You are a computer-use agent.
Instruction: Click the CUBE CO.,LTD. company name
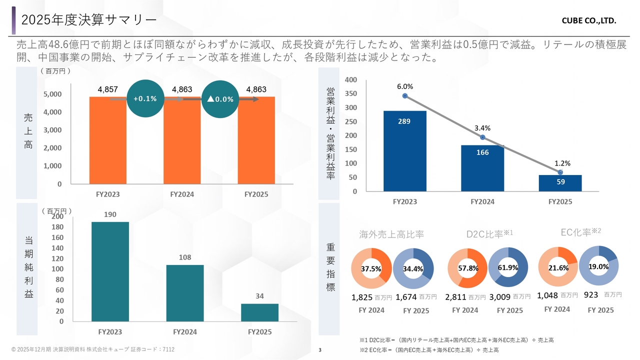tap(589, 21)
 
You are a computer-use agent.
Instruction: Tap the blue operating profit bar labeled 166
tap(482, 168)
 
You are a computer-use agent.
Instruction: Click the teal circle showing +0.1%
tap(145, 98)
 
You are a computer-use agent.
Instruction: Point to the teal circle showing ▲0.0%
tap(220, 99)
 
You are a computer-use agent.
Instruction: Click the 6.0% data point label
tap(404, 86)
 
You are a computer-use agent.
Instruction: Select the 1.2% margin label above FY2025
tap(562, 163)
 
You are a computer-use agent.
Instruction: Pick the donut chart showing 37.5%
tap(371, 268)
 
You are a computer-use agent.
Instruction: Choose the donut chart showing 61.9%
tap(508, 267)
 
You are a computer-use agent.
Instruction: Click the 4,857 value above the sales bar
tap(108, 89)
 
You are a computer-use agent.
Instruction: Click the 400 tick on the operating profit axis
tap(351, 80)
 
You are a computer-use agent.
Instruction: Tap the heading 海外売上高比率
tap(391, 234)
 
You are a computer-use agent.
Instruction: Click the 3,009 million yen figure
tap(500, 297)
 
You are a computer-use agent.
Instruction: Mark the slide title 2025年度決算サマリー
tap(89, 19)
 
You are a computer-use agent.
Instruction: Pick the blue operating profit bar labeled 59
tap(560, 182)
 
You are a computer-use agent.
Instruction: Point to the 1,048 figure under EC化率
tap(547, 295)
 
